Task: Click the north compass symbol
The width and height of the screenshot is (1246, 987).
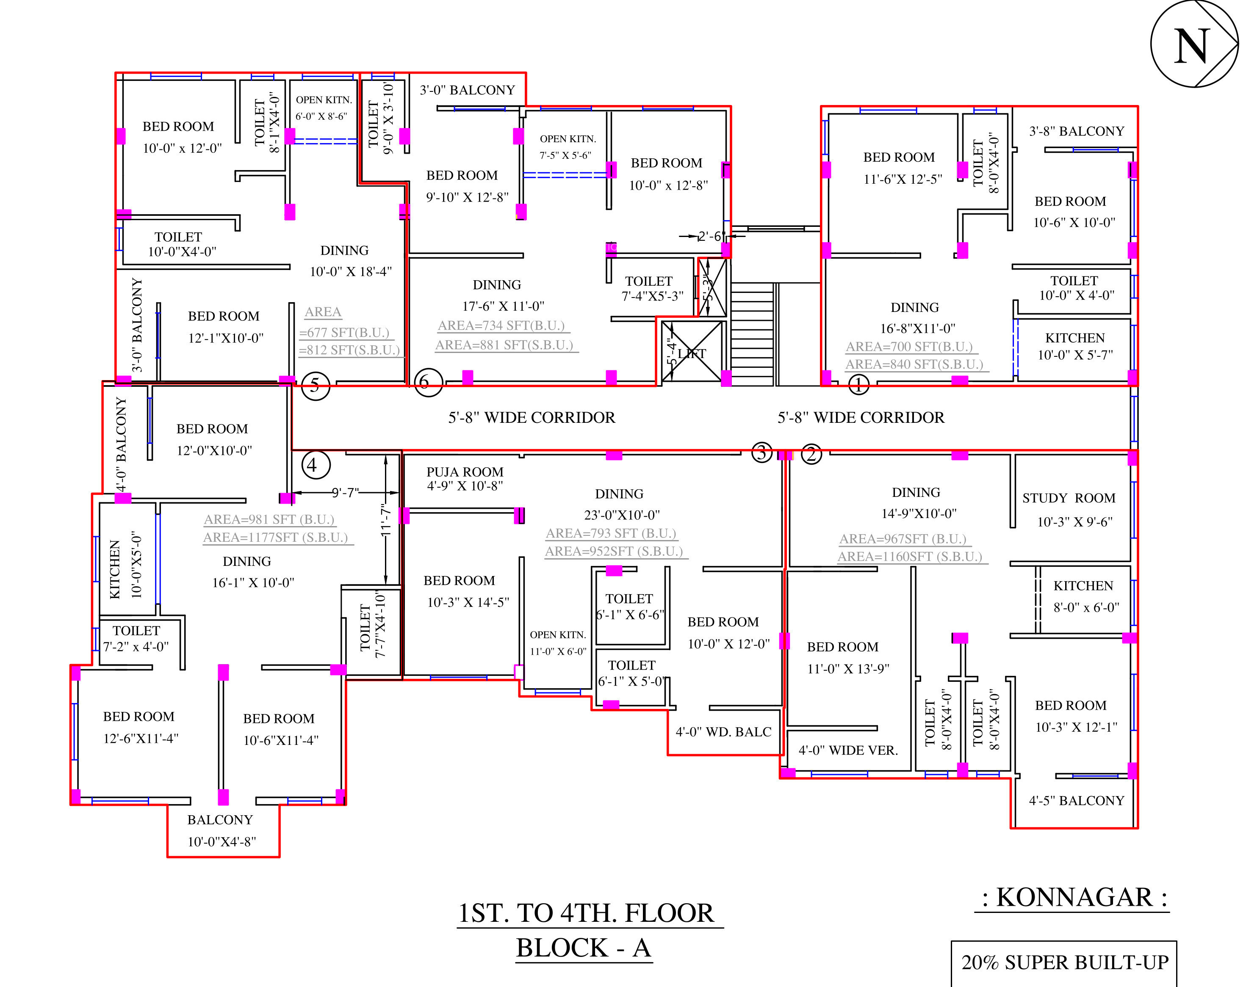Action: point(1194,44)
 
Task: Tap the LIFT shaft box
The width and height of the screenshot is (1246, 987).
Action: point(692,351)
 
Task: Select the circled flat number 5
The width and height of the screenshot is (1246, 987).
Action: point(315,385)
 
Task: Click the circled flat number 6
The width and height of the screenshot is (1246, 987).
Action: point(428,382)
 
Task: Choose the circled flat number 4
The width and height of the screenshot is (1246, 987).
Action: point(316,464)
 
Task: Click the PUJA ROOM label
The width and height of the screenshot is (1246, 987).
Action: point(465,472)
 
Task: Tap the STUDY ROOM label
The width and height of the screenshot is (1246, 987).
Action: point(1069,498)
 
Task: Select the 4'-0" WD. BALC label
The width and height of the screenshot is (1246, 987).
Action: point(723,732)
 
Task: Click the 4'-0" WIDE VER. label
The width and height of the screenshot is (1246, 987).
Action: point(848,750)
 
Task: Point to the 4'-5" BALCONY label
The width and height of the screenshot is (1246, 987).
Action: point(1076,800)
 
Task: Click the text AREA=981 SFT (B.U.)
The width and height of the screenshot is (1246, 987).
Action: point(269,519)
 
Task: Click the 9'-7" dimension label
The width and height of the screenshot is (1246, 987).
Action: point(345,493)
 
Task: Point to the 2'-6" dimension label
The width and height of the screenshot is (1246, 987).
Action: point(710,236)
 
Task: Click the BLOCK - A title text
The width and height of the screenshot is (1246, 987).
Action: point(584,948)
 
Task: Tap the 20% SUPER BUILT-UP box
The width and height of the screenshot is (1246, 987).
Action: point(1064,963)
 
